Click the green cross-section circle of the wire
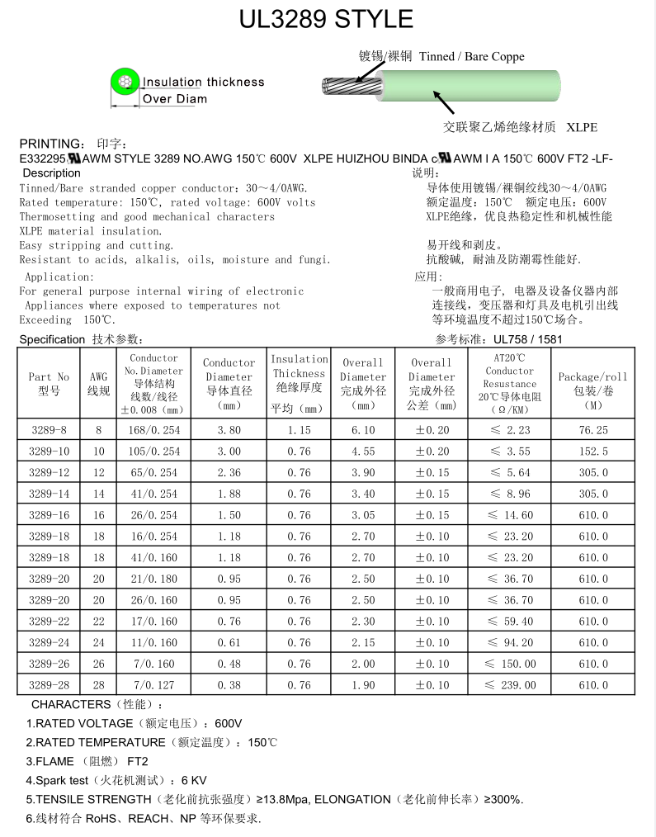[124, 84]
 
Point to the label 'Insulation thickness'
[204, 82]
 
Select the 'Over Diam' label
[175, 99]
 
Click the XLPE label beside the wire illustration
[582, 127]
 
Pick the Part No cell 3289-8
[49, 430]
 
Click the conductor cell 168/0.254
[153, 430]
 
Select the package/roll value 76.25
[593, 430]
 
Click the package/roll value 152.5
[593, 452]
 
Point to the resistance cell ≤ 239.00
[509, 685]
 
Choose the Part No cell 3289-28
[49, 685]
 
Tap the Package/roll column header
[593, 384]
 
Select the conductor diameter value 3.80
[229, 430]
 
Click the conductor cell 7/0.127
[153, 685]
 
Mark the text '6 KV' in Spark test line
[194, 780]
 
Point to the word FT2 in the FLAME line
[138, 761]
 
